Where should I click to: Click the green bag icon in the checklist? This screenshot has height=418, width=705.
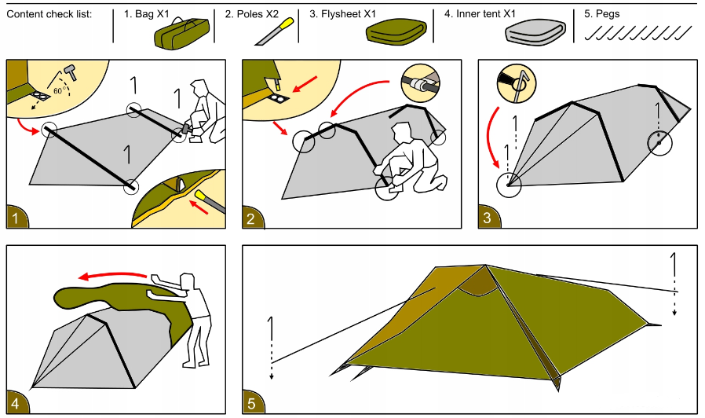tap(182, 35)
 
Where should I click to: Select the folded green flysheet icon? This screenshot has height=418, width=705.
tap(396, 32)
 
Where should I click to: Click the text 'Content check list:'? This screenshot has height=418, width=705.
tap(49, 14)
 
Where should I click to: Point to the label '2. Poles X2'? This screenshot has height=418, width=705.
tap(251, 14)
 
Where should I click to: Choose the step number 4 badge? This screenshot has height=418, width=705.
tap(16, 403)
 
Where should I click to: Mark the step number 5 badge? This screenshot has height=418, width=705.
tap(252, 403)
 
